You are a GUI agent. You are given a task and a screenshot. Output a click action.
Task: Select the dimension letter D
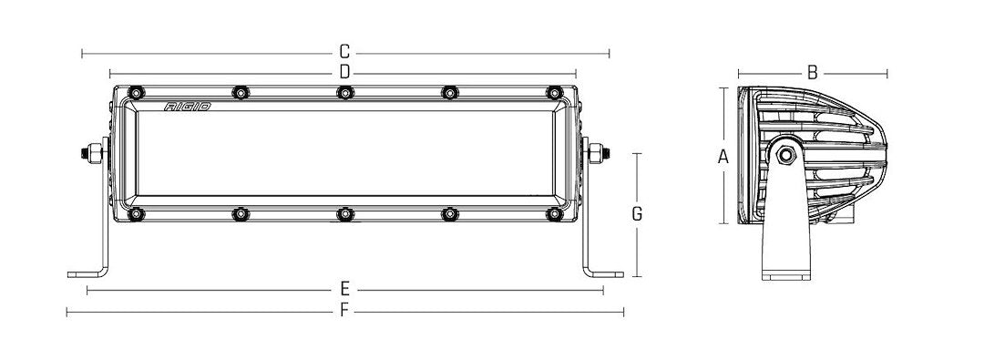click(345, 71)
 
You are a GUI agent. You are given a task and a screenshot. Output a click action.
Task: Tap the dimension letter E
click(345, 290)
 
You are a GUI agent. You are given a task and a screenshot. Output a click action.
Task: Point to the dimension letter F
click(345, 311)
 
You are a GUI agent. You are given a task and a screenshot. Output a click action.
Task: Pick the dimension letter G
click(637, 214)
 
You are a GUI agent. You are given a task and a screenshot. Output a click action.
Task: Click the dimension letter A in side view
click(723, 156)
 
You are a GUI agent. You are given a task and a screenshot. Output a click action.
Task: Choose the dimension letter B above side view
click(813, 71)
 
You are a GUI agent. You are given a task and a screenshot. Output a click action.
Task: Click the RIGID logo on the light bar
click(188, 107)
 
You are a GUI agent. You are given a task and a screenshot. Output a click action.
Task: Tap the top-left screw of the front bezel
click(137, 93)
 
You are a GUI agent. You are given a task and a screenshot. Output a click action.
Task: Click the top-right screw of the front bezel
click(554, 93)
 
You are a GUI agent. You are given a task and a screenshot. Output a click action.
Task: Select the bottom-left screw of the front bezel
click(137, 214)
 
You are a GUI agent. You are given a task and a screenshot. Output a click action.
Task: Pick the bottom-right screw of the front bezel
click(554, 214)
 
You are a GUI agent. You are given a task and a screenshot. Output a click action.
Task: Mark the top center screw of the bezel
click(344, 93)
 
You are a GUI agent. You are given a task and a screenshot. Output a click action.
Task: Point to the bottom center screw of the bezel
click(344, 214)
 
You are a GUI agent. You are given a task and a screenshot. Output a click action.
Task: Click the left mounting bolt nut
click(93, 153)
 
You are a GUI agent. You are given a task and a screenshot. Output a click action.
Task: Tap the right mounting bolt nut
click(598, 153)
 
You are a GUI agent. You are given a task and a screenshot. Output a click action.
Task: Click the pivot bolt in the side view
click(785, 154)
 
